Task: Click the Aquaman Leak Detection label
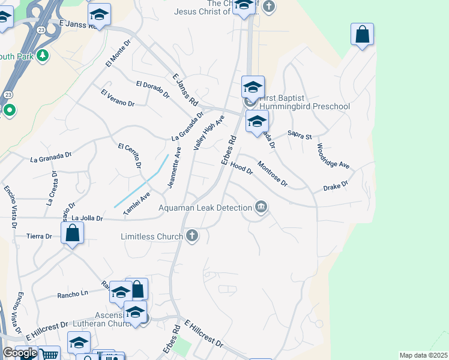(x=205, y=208)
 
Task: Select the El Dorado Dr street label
(x=152, y=89)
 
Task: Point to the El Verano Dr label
(x=118, y=98)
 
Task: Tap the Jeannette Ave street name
(x=174, y=171)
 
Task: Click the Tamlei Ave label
(x=136, y=205)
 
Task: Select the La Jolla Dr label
(x=86, y=218)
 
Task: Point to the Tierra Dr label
(x=39, y=236)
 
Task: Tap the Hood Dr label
(x=242, y=168)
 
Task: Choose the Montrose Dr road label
(x=273, y=174)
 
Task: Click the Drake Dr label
(x=336, y=187)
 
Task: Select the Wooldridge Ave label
(x=333, y=156)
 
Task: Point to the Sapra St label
(x=300, y=136)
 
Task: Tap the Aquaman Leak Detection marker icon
(x=261, y=208)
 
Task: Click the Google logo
(x=19, y=353)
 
